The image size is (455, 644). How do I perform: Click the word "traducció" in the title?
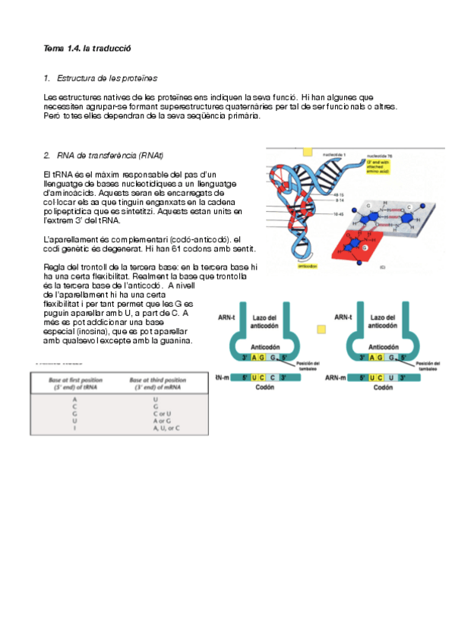pos(113,47)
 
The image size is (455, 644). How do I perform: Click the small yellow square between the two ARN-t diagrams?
pos(321,329)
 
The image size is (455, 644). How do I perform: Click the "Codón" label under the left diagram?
pos(265,387)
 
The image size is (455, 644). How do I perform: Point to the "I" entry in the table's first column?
pos(74,428)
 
